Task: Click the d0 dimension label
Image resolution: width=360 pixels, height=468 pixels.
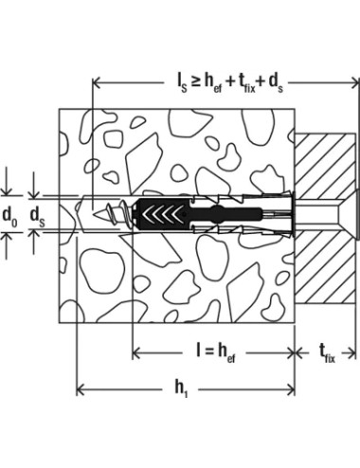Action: pos(10,216)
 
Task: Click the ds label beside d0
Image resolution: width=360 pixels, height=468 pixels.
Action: pos(37,216)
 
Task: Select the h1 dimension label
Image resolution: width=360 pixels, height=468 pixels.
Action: pos(181,389)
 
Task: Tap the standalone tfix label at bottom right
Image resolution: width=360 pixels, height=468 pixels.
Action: pos(327,353)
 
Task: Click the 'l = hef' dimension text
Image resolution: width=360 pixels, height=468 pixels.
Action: pos(216,352)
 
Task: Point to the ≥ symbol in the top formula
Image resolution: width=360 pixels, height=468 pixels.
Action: pos(196,82)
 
